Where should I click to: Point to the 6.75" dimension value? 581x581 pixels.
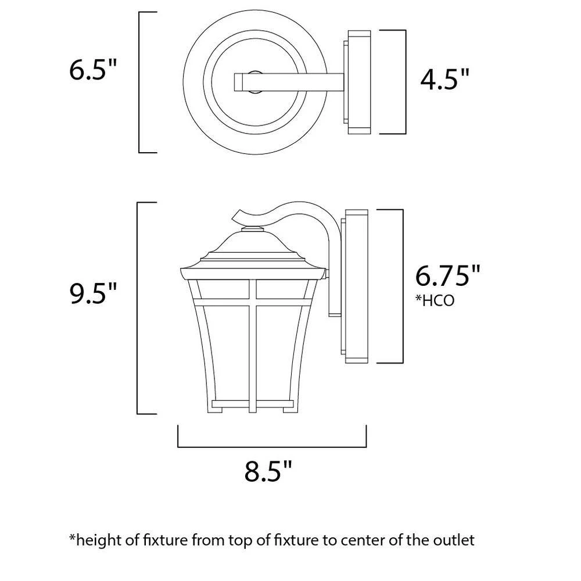448,275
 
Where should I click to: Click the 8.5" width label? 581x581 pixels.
267,471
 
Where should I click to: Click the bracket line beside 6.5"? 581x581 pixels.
140,82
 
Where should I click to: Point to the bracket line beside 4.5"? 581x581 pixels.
404,82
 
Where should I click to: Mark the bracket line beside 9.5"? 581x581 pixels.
137,308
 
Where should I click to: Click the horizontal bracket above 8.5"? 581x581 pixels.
271,447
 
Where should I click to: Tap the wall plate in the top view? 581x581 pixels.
356,82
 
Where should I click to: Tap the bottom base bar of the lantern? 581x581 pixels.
252,403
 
